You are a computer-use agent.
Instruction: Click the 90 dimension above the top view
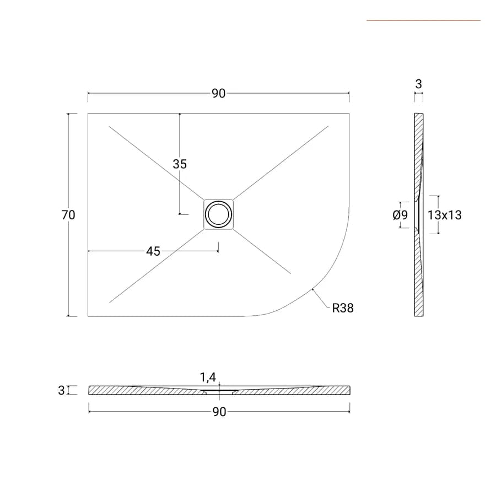(x=219, y=94)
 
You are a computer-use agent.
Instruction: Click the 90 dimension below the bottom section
(x=219, y=412)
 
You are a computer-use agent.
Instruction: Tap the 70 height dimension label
(x=68, y=215)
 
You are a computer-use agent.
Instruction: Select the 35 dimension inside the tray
(x=180, y=164)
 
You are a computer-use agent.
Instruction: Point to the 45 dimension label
(x=153, y=251)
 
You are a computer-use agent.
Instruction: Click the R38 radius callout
(x=343, y=308)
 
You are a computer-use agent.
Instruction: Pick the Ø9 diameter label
(x=400, y=215)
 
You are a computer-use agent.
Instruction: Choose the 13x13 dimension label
(x=444, y=215)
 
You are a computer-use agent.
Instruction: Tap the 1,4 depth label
(x=208, y=377)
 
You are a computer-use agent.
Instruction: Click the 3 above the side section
(x=418, y=84)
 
